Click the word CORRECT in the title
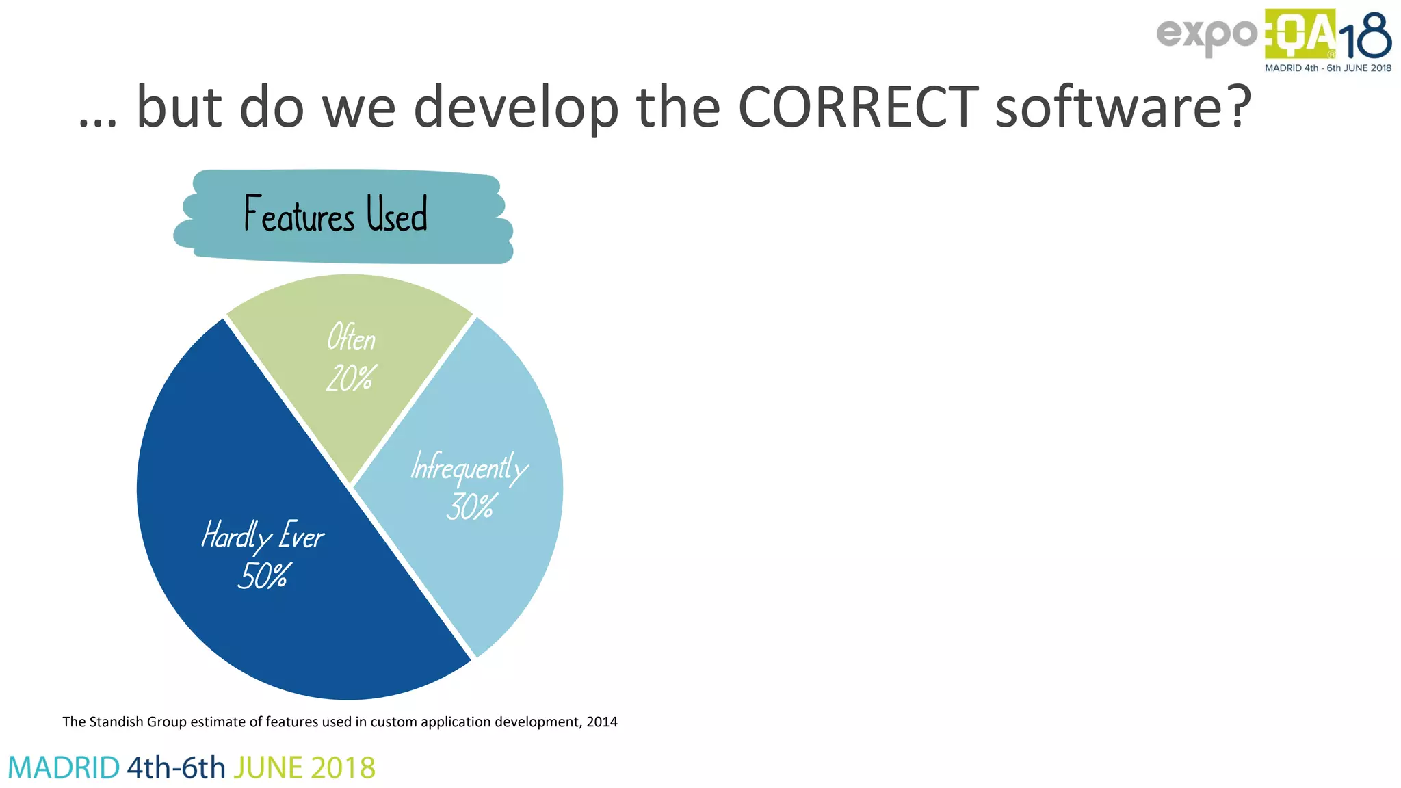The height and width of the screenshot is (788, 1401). point(858,107)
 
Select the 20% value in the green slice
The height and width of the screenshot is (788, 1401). point(351,378)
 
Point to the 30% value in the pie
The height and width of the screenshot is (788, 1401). point(471,507)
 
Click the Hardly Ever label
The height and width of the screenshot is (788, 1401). point(263,536)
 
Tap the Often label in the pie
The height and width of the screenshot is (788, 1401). point(351,338)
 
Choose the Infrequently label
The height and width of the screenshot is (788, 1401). point(469,469)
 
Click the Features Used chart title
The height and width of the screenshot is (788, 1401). point(336,214)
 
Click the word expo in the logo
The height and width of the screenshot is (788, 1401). point(1206,35)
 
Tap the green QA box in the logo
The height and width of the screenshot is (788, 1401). point(1299,34)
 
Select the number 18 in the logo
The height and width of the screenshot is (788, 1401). point(1365,38)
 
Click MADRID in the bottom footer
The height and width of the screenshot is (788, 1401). point(64,768)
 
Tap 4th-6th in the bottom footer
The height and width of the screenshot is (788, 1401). point(176,768)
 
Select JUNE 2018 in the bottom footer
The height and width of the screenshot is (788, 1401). point(304,768)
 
